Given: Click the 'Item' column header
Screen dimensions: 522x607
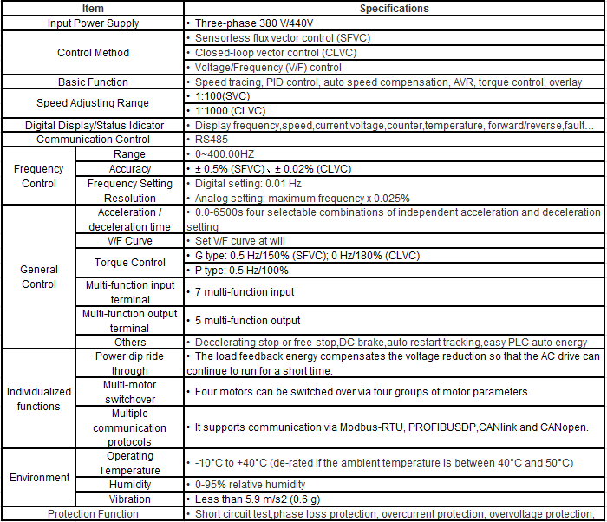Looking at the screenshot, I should [x=93, y=9].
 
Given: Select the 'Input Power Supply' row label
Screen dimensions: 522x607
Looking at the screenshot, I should [x=93, y=23].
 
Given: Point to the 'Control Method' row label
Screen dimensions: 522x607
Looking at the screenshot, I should [x=93, y=53].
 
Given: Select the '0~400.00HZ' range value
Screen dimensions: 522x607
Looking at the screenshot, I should [x=225, y=154].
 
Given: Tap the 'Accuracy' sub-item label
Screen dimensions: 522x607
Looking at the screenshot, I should [x=130, y=169].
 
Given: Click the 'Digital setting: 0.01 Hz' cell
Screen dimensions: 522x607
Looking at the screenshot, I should [x=248, y=184].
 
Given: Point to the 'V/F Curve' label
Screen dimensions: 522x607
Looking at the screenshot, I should [x=130, y=240].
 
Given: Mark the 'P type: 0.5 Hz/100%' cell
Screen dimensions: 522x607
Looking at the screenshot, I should [x=241, y=270].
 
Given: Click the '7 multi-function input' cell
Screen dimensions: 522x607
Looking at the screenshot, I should [x=245, y=292].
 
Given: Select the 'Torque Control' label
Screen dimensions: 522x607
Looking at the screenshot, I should [x=130, y=263].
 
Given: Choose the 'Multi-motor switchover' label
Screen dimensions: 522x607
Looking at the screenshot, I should [x=130, y=391].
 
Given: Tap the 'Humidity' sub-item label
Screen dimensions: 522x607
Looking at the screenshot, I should [x=130, y=485].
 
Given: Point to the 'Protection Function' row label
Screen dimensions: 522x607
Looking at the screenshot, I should [x=93, y=514].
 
